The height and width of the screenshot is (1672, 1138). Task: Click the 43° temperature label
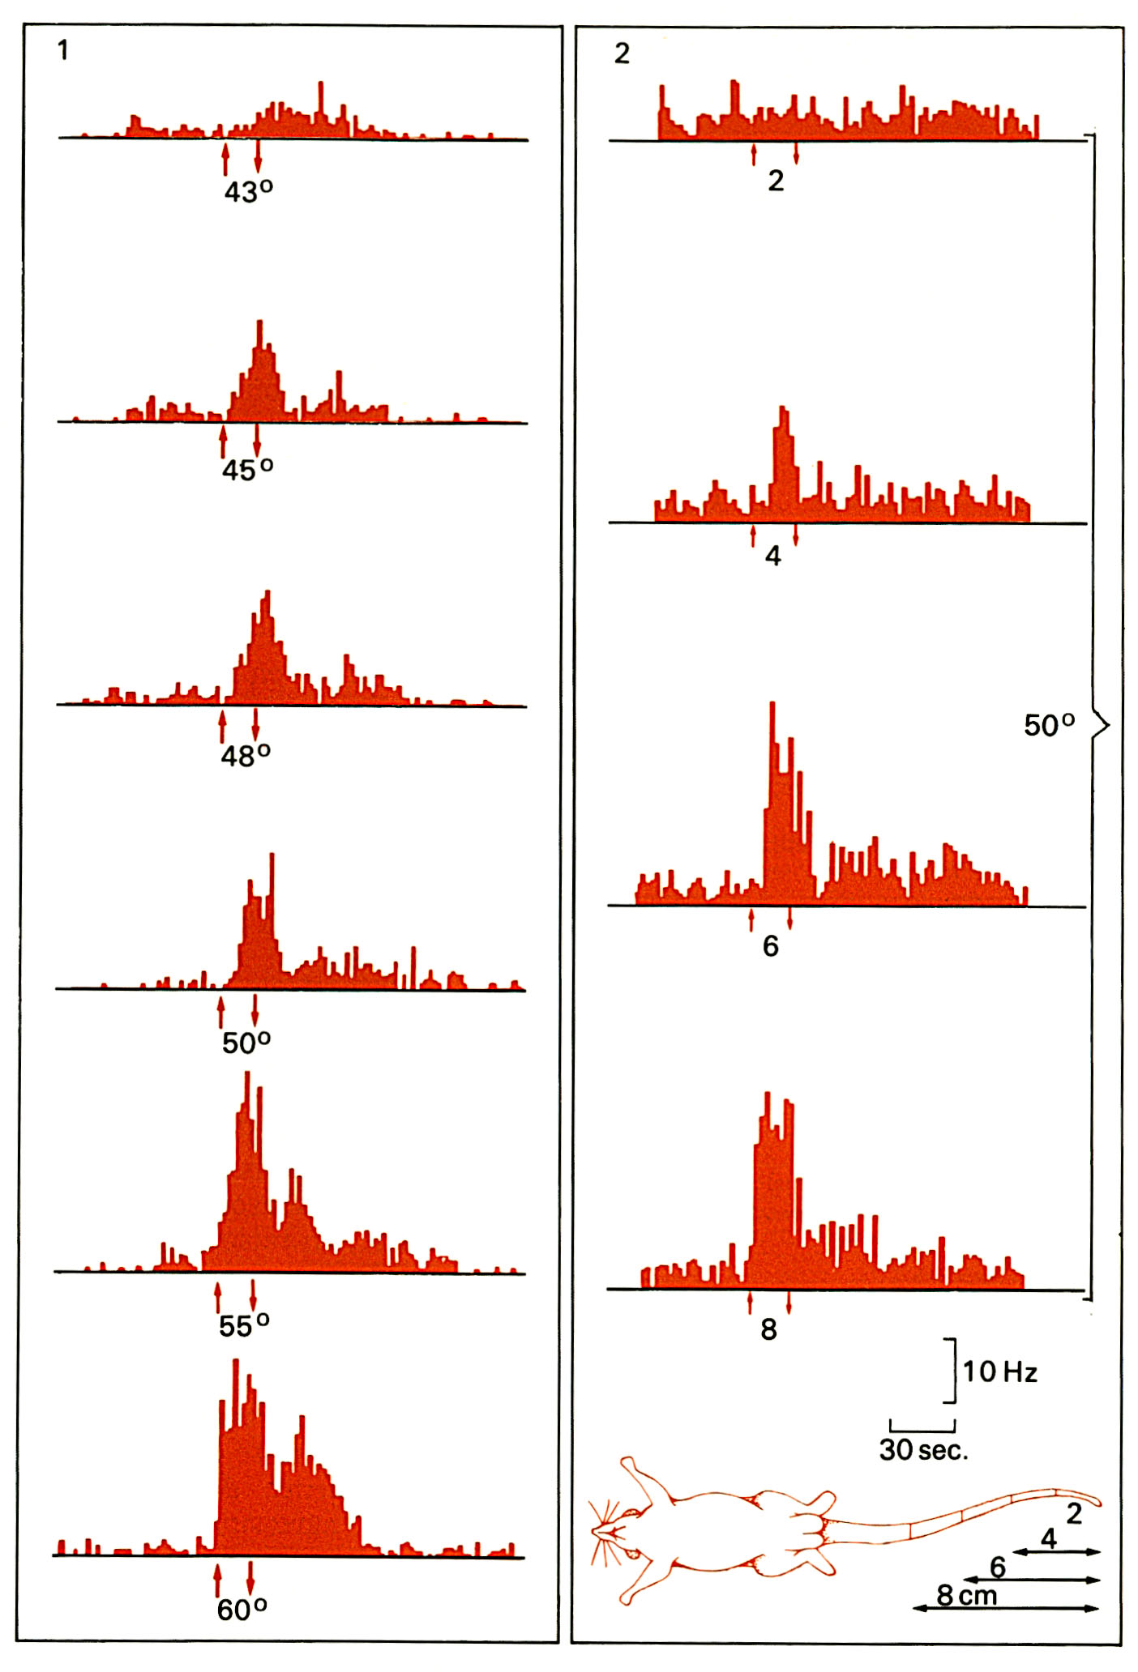[248, 192]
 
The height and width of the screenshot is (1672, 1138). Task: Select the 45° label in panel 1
[247, 470]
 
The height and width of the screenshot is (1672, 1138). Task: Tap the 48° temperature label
[246, 756]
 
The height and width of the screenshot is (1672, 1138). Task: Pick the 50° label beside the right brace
[1049, 725]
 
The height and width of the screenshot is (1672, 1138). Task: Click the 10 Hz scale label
[999, 1371]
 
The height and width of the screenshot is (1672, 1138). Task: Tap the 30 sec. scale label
[923, 1450]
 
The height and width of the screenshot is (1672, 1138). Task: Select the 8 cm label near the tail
[966, 1595]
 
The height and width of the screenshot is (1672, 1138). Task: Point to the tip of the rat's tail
[1097, 1500]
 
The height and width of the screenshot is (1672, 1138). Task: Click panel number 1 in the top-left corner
[63, 51]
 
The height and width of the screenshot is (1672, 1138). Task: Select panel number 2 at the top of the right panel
[622, 53]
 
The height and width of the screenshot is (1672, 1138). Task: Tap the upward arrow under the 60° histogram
[217, 1580]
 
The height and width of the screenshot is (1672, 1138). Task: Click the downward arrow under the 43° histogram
[258, 156]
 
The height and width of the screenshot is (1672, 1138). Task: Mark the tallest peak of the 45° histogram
[259, 322]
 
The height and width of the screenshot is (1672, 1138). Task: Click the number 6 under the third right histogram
[770, 945]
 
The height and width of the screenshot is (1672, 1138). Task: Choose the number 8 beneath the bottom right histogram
[768, 1329]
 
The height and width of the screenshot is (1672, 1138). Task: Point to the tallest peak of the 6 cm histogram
[772, 703]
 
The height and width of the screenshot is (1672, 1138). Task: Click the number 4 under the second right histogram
[773, 556]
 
